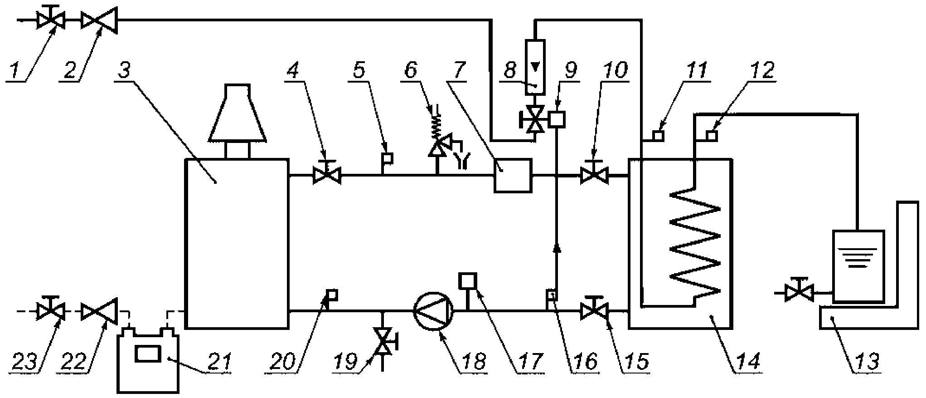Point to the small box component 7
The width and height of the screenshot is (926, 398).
pyautogui.click(x=513, y=175)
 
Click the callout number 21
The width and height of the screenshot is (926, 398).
pyautogui.click(x=218, y=362)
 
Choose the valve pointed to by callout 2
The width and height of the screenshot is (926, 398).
pyautogui.click(x=99, y=20)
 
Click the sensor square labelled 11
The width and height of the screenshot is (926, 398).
pyautogui.click(x=659, y=135)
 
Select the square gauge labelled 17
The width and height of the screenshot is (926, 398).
pyautogui.click(x=466, y=280)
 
